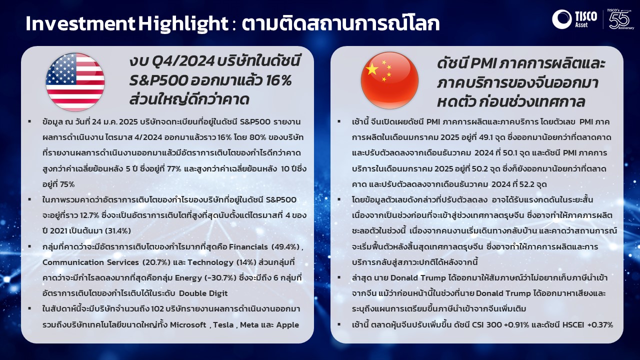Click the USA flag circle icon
(x=75, y=82)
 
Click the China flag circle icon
(x=389, y=80)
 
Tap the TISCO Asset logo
(x=574, y=19)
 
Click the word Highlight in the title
(x=183, y=23)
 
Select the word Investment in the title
(x=80, y=23)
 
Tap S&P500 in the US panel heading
(x=158, y=81)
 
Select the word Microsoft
(x=188, y=325)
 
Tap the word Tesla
(x=223, y=325)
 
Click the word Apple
(x=287, y=325)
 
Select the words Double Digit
(x=203, y=293)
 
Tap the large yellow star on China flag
(x=372, y=69)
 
